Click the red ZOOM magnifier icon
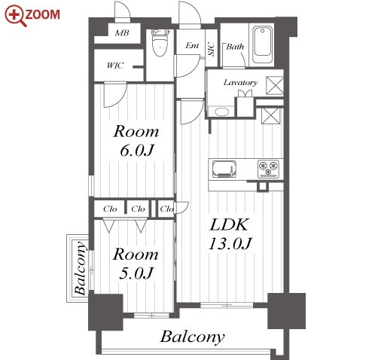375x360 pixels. tap(15, 16)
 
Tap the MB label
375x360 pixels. tap(122, 33)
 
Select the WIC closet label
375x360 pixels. tap(115, 66)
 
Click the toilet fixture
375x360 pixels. tap(160, 43)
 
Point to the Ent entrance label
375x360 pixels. tap(192, 45)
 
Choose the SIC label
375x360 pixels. tap(212, 49)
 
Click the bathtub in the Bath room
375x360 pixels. tap(262, 44)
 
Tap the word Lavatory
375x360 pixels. tap(240, 82)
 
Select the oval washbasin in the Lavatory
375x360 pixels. tap(221, 111)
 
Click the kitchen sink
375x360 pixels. tap(224, 169)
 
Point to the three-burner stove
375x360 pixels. tap(268, 169)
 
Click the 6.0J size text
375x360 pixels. tap(137, 151)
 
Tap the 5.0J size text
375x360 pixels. tap(136, 273)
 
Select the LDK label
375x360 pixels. tap(229, 224)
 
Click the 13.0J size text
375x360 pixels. tap(230, 243)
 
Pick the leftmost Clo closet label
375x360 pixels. tap(110, 209)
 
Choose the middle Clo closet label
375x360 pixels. tap(138, 209)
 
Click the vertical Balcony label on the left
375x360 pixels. tap(81, 268)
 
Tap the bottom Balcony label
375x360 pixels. tap(193, 337)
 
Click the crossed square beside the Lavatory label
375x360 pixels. tap(275, 86)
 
